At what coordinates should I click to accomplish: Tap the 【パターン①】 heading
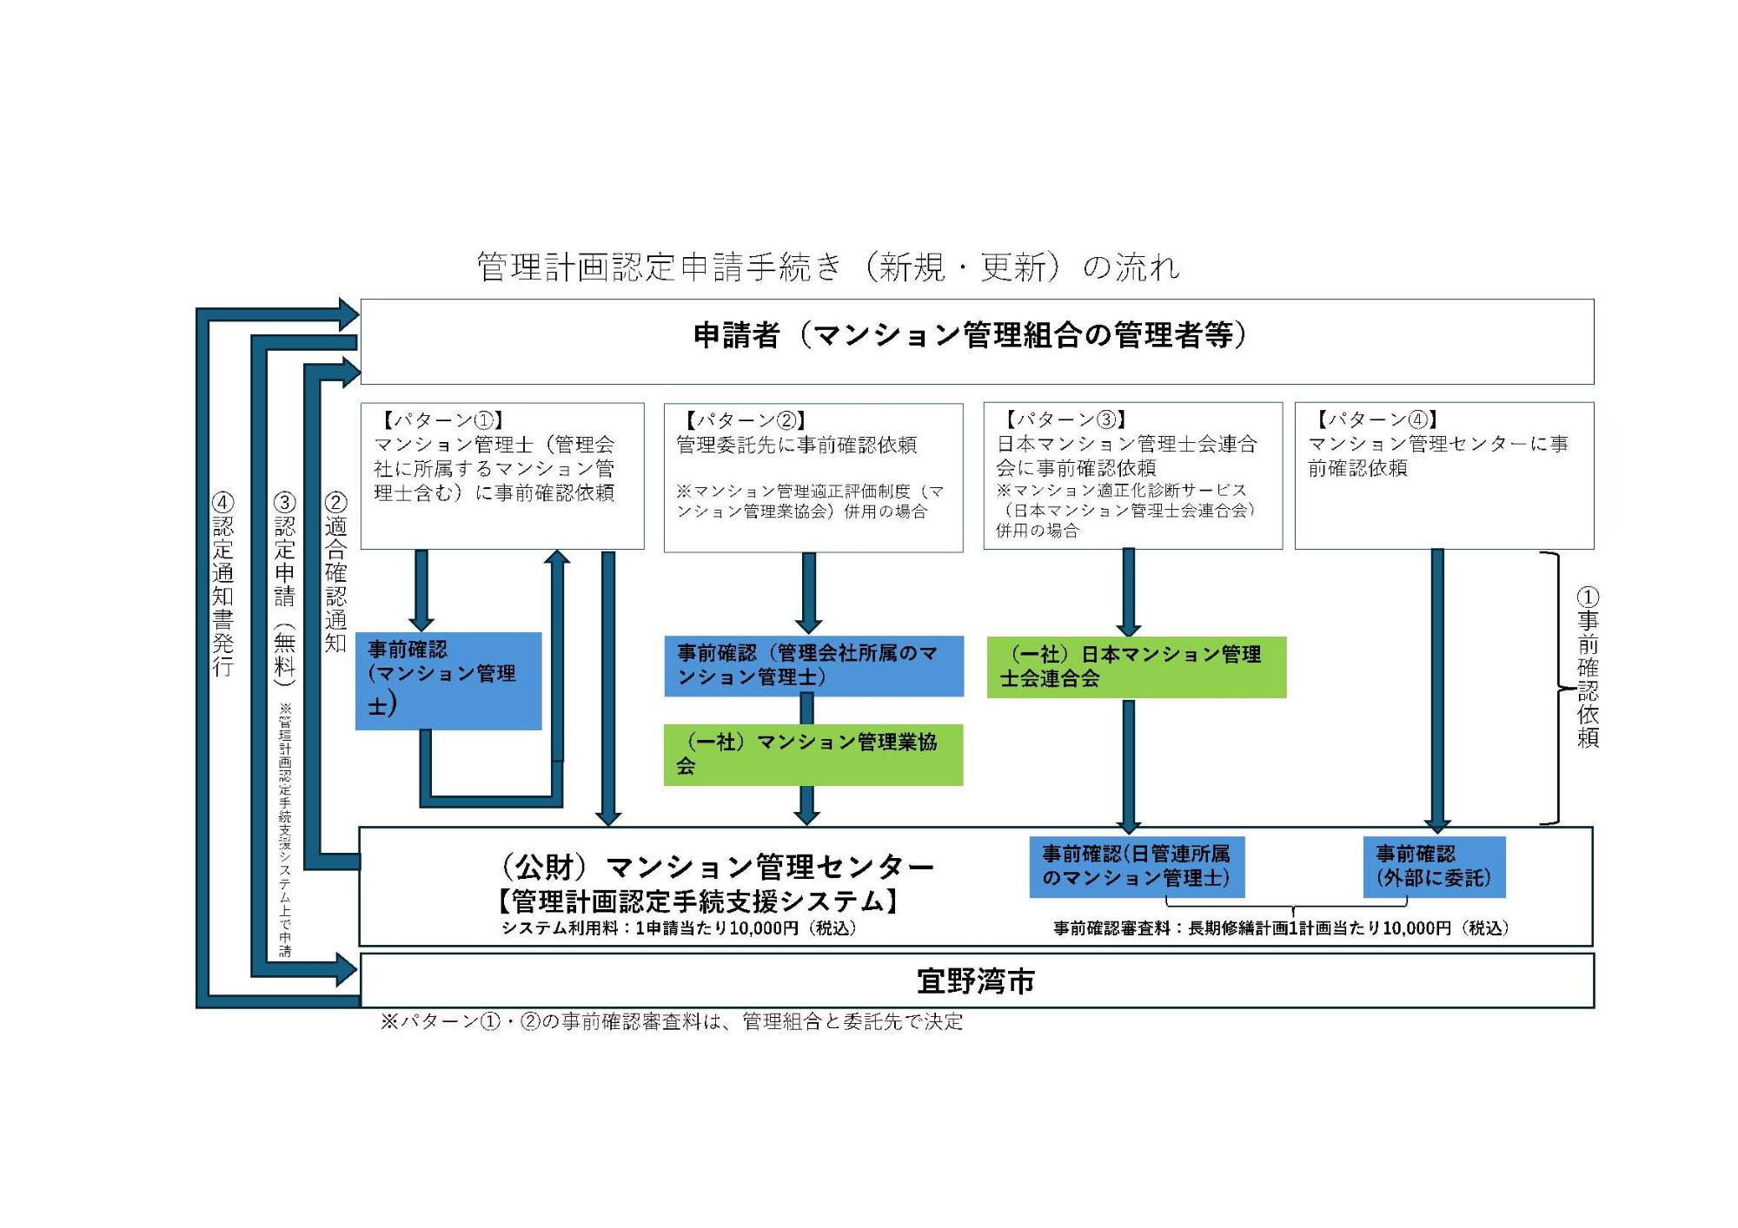click(444, 420)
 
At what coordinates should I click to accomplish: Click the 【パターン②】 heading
click(746, 420)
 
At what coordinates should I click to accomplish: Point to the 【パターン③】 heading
click(1065, 419)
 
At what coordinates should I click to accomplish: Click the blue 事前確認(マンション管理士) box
click(448, 681)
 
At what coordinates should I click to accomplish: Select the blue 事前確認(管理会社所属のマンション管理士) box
click(813, 665)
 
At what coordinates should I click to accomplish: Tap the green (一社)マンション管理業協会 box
click(813, 754)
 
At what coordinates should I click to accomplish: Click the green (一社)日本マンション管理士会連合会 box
click(1136, 667)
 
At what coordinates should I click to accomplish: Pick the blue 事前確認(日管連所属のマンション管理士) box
click(1136, 866)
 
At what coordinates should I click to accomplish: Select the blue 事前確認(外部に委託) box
click(1434, 866)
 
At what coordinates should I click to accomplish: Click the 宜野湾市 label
click(976, 981)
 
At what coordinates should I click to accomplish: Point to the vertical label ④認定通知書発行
click(223, 584)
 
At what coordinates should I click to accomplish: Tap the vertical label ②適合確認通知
click(335, 572)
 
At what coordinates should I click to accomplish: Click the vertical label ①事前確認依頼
click(1588, 667)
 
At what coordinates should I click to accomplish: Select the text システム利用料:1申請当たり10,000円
click(679, 928)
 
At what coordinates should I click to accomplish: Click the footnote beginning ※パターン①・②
click(672, 1022)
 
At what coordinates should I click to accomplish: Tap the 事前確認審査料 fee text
click(1281, 928)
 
